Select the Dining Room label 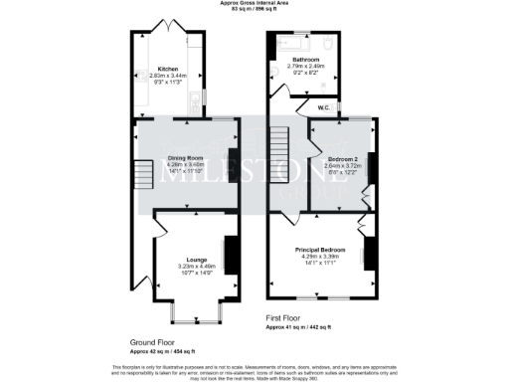[x=185, y=158]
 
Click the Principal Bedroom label [x=319, y=249]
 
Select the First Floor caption [x=286, y=318]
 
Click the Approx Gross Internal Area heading [x=254, y=4]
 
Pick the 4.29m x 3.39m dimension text [x=319, y=256]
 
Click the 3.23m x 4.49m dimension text [x=189, y=267]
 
